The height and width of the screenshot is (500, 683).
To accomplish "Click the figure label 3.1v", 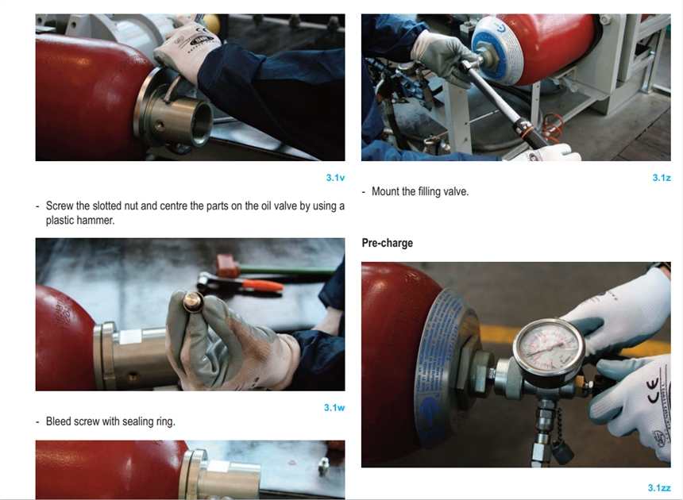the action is click(x=335, y=178).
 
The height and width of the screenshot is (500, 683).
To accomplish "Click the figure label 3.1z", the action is click(x=662, y=178).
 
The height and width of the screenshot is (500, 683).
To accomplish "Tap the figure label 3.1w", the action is click(x=334, y=408).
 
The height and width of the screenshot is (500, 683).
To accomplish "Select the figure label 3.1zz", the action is click(x=659, y=488).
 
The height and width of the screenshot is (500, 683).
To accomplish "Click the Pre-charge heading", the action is click(x=388, y=243).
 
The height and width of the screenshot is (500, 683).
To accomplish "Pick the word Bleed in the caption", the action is click(x=58, y=421).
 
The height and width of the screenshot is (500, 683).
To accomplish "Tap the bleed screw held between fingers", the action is click(x=191, y=301).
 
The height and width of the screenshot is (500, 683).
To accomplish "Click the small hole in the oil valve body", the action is click(x=161, y=125).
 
